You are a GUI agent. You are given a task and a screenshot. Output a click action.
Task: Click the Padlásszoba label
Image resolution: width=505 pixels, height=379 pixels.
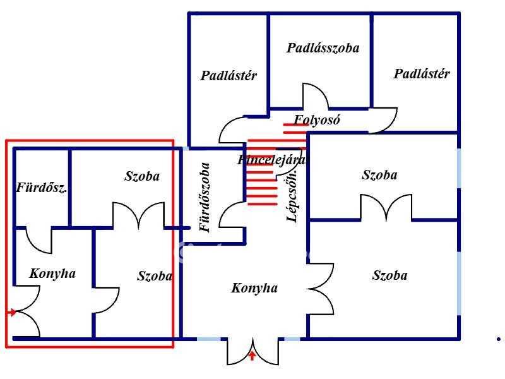coord(323,48)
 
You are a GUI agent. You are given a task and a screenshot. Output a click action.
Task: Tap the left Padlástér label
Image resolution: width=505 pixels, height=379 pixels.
coord(229,76)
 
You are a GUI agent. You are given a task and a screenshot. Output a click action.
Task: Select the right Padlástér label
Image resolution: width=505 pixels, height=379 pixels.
coord(422,74)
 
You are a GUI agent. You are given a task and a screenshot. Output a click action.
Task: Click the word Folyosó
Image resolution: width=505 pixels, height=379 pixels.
coord(317,119)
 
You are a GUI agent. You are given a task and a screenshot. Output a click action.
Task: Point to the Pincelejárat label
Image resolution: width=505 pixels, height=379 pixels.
coord(272,160)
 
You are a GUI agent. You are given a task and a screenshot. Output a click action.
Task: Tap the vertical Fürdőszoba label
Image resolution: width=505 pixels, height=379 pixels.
coord(205,198)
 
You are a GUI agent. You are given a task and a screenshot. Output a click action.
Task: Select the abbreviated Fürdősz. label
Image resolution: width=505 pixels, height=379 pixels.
coord(42,188)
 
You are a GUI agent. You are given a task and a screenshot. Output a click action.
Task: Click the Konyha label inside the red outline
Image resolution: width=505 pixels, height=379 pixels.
coord(52,274)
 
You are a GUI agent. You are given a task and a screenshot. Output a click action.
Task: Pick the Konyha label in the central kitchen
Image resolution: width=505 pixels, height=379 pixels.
coord(254,288)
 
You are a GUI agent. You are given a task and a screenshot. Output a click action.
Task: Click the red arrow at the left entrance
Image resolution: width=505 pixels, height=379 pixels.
coord(11,312)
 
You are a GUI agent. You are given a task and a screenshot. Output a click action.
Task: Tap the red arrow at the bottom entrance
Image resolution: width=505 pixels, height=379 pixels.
coord(252,356)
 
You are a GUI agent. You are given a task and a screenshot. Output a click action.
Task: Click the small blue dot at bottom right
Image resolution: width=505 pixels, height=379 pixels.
coord(498,339)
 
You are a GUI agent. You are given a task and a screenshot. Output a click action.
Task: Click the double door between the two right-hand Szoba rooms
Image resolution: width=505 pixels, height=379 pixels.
coord(386,207)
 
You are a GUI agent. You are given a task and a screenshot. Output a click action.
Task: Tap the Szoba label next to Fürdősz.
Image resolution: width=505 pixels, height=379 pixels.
coord(142,177)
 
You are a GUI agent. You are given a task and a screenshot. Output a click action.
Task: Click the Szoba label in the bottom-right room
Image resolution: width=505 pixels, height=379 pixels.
coord(389,275)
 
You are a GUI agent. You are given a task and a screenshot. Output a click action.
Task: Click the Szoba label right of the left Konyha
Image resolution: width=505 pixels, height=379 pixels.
coord(155,276)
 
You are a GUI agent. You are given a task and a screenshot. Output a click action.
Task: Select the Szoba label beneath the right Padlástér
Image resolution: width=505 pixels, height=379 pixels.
coord(379,175)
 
